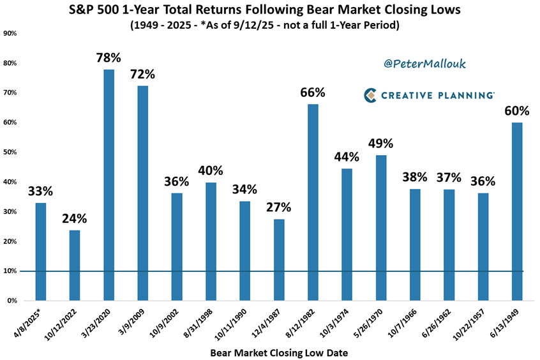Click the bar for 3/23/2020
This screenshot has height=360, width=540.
pos(109,185)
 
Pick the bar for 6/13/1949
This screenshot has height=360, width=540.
pos(517,211)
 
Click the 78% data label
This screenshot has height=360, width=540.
pos(109,57)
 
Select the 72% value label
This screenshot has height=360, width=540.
pos(143,73)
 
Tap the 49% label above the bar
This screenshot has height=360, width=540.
pos(380,142)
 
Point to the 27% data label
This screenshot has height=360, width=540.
pos(279,207)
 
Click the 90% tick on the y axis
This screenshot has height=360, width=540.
pos(11,33)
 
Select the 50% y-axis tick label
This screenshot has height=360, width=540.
pos(11,152)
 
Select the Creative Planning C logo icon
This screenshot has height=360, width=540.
pos(370,95)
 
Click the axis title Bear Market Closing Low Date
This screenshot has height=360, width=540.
pos(278,351)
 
